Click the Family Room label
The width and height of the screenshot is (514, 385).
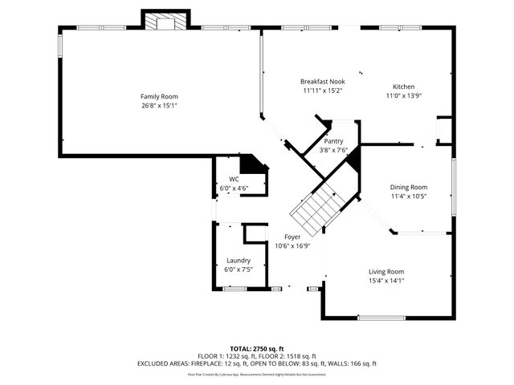[x=159, y=96]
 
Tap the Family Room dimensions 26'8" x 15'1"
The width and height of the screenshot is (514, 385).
[x=159, y=105]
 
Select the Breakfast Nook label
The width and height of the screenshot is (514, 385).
[x=322, y=82]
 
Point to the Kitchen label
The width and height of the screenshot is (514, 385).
[x=403, y=87]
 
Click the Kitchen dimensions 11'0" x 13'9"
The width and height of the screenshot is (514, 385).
[x=403, y=95]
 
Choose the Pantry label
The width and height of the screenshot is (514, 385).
[x=333, y=141]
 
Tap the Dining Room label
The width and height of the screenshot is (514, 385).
[x=409, y=187]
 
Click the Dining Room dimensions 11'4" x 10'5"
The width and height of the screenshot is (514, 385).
[x=409, y=196]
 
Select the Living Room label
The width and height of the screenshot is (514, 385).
[x=385, y=271]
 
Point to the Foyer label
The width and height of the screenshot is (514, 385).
[x=292, y=237]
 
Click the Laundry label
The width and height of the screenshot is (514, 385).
[x=239, y=261]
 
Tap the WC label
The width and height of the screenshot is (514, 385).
[x=234, y=180]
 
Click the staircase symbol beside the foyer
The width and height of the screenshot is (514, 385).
[x=318, y=205]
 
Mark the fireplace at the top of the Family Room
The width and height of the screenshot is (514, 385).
[x=165, y=21]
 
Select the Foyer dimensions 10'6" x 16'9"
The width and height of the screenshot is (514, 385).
[x=292, y=246]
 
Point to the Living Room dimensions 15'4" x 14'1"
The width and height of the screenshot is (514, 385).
[x=385, y=280]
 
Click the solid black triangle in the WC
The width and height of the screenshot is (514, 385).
[x=255, y=164]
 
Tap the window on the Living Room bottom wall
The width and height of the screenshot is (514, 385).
[x=381, y=318]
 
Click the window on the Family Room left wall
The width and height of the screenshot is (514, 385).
[x=59, y=44]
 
